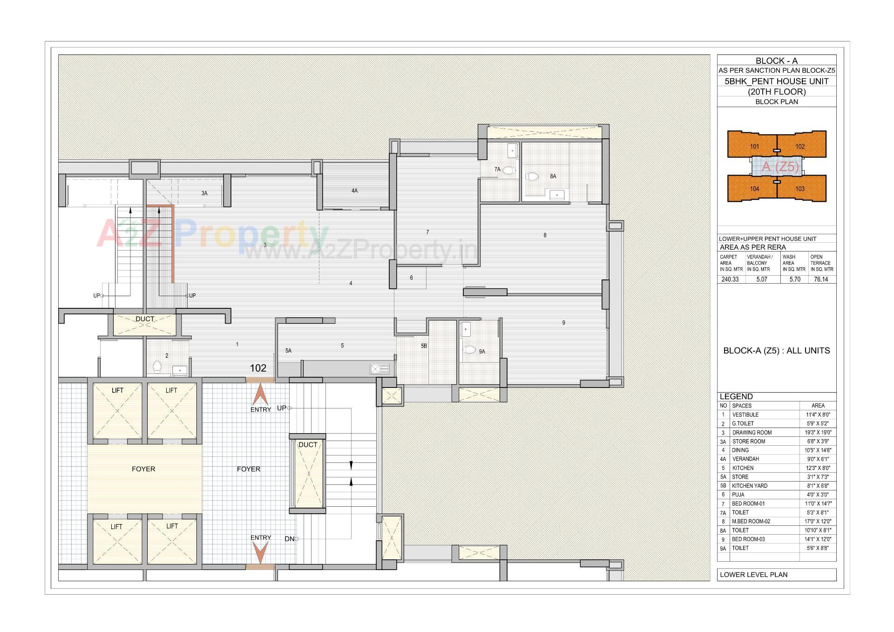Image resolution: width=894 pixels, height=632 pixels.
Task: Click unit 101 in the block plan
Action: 754,146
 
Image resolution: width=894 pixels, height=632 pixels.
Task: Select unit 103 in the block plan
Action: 800,189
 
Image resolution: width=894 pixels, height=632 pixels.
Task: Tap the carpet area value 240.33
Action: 730,279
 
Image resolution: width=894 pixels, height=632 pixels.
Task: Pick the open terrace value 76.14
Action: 821,279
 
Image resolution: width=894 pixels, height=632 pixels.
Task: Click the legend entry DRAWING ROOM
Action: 752,433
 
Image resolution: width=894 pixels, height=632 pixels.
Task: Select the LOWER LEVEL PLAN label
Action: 753,575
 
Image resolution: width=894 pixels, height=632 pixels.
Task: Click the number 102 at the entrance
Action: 258,368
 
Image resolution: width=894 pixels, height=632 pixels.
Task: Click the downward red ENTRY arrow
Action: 260,553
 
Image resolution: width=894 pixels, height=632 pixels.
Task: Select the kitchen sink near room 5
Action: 379,369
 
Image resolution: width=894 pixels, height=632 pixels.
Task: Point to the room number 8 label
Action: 545,235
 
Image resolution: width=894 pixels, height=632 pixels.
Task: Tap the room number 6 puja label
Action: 411,278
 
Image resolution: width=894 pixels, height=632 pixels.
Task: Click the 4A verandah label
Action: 354,190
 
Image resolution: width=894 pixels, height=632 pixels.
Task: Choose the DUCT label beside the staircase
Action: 307,445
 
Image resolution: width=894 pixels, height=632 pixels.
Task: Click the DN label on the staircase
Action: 289,539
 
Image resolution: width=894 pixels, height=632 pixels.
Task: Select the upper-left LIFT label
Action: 117,390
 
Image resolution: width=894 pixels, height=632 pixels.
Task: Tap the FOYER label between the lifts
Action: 143,469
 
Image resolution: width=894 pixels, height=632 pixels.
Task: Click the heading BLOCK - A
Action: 776,61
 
